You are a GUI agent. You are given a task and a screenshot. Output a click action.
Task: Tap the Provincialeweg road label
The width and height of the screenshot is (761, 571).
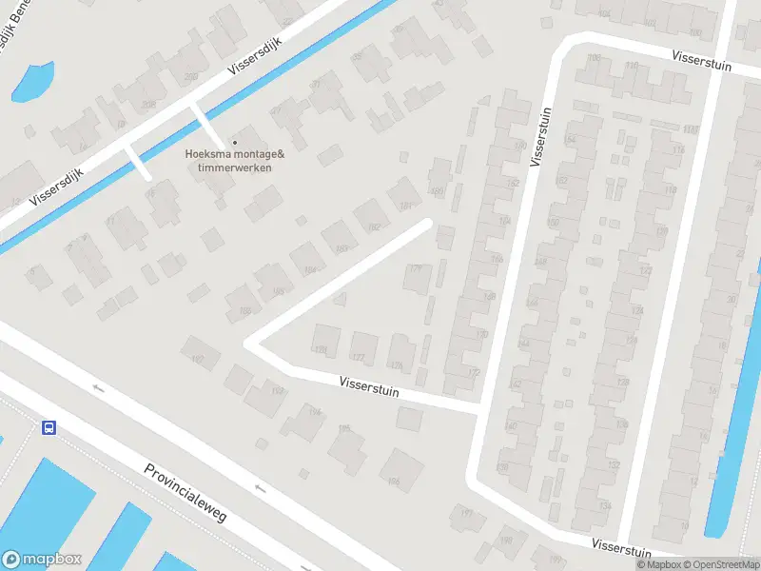(x=185, y=493)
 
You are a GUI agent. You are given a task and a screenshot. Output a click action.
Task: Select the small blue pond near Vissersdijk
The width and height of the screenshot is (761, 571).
(x=31, y=81)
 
